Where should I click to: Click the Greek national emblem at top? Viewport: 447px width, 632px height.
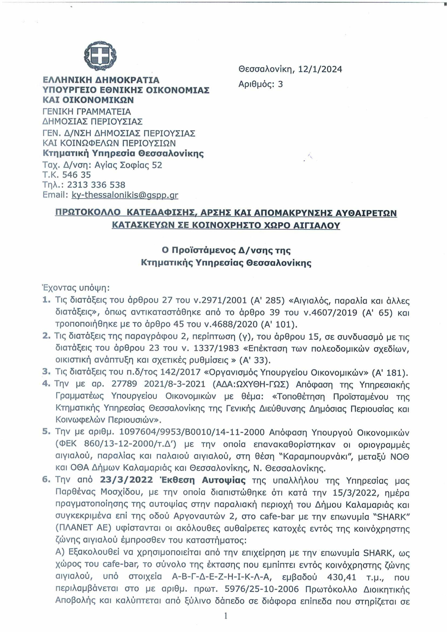pyautogui.click(x=100, y=55)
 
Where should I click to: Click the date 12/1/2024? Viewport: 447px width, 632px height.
pyautogui.click(x=320, y=69)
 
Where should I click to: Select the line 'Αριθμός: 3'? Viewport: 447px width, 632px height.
pyautogui.click(x=260, y=84)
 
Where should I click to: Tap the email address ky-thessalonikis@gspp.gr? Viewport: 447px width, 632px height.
pyautogui.click(x=125, y=195)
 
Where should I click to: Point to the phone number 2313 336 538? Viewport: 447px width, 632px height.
pyautogui.click(x=96, y=185)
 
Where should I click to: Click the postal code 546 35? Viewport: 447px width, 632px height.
pyautogui.click(x=76, y=175)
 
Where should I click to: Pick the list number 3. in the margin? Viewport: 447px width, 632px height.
pyautogui.click(x=46, y=372)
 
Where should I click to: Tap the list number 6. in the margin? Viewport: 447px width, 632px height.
pyautogui.click(x=46, y=480)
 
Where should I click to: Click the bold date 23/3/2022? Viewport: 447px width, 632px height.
pyautogui.click(x=126, y=480)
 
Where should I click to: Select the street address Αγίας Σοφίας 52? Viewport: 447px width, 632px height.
pyautogui.click(x=128, y=165)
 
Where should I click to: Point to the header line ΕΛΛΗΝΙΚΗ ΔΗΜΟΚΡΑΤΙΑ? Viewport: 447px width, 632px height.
pyautogui.click(x=101, y=80)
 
